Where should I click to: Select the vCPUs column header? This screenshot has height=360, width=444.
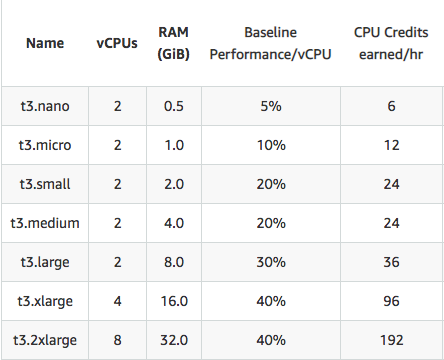(x=117, y=43)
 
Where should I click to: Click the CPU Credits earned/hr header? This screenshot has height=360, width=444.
(x=385, y=43)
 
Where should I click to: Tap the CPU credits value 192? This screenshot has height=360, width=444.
(x=385, y=339)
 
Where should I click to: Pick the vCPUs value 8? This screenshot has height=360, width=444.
(x=117, y=339)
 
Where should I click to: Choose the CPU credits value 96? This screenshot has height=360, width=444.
(x=385, y=300)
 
